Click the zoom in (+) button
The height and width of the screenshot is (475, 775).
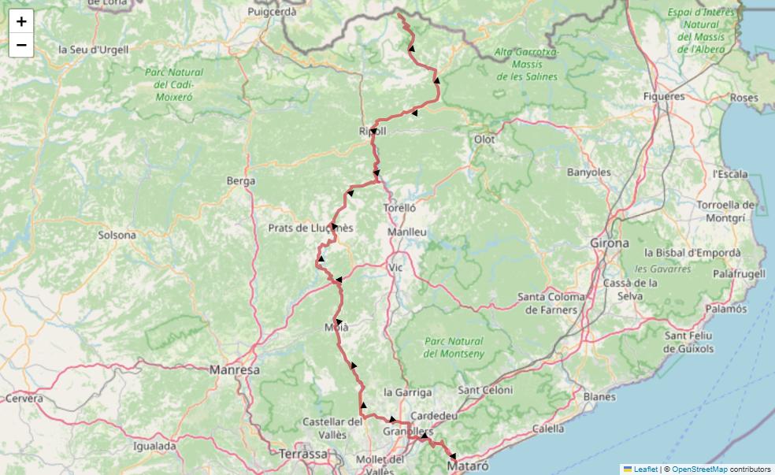point(21,21)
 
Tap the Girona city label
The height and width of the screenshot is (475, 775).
point(610,243)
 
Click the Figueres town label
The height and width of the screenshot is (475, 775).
point(664,96)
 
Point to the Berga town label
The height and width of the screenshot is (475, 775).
point(241,181)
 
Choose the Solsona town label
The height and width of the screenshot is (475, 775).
point(117,235)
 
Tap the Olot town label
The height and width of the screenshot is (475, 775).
point(484,139)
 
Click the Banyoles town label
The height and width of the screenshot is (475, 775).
point(589,172)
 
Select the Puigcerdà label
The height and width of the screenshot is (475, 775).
point(272,12)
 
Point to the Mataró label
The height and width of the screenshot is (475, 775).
point(468,466)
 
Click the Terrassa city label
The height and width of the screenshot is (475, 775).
point(303,454)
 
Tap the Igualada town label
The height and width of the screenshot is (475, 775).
point(155,446)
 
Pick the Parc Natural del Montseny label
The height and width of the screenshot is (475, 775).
point(453,347)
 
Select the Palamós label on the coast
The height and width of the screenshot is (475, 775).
point(725,309)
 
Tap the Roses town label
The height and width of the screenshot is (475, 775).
point(744,98)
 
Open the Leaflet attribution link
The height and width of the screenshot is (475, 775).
point(645,469)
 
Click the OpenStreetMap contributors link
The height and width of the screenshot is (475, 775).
point(699,469)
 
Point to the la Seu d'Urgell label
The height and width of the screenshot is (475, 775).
point(93,49)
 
